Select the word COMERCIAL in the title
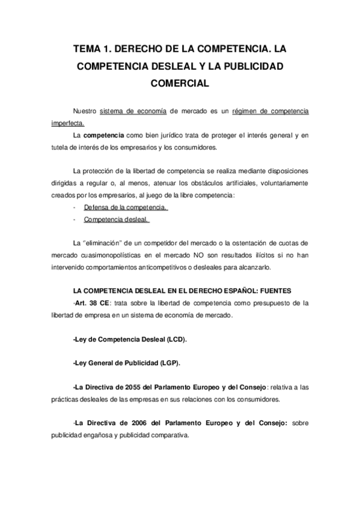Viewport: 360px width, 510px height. pyautogui.click(x=180, y=84)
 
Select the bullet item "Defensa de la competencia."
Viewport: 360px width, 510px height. pyautogui.click(x=125, y=207)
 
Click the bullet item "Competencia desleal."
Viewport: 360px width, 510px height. pyautogui.click(x=116, y=220)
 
